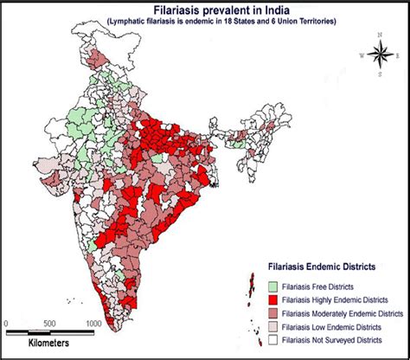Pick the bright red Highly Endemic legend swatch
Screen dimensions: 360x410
coord(272,299)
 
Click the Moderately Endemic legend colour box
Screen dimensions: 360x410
coord(272,312)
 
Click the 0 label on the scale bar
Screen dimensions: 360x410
coord(6,324)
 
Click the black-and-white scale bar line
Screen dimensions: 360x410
coord(48,333)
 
